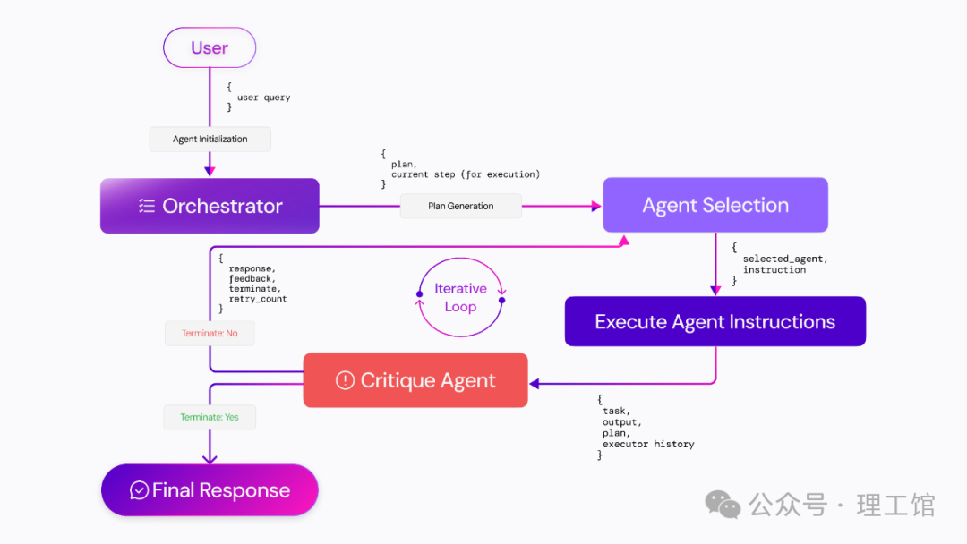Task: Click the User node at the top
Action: pyautogui.click(x=210, y=47)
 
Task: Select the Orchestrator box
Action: pyautogui.click(x=210, y=206)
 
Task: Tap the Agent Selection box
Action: pyautogui.click(x=715, y=205)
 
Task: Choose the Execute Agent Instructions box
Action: pyautogui.click(x=715, y=321)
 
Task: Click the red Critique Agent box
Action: pyautogui.click(x=415, y=380)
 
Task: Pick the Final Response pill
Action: pyautogui.click(x=210, y=490)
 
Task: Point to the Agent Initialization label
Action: pyautogui.click(x=210, y=140)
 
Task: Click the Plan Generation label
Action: pyautogui.click(x=461, y=207)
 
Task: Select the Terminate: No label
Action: pyautogui.click(x=210, y=334)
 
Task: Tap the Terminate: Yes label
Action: pyautogui.click(x=210, y=417)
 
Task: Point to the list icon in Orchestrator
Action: pyautogui.click(x=147, y=206)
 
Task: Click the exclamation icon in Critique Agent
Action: pyautogui.click(x=345, y=380)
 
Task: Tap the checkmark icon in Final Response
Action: pyautogui.click(x=139, y=490)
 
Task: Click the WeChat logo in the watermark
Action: pyautogui.click(x=723, y=505)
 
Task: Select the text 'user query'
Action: pyautogui.click(x=264, y=98)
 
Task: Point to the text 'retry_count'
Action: pyautogui.click(x=258, y=299)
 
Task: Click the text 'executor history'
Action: pyautogui.click(x=648, y=444)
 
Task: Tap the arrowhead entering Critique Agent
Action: pyautogui.click(x=534, y=384)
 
